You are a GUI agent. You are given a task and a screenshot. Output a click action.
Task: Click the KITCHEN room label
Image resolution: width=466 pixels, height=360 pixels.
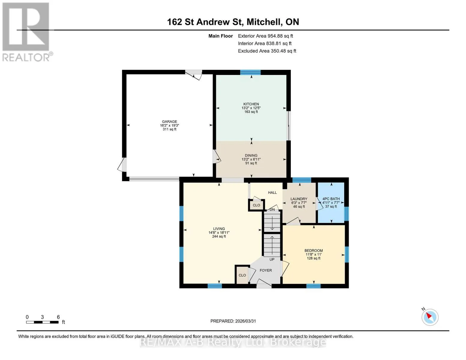pos(251,104)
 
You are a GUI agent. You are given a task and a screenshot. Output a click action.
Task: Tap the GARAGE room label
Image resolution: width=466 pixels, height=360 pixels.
pos(170,121)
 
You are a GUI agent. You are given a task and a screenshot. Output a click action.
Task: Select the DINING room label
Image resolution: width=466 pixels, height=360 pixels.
pos(251,155)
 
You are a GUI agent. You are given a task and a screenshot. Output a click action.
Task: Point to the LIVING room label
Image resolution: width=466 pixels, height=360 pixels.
pos(219,229)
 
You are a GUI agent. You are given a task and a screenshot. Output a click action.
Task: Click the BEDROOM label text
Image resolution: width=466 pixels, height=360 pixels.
pos(314,250)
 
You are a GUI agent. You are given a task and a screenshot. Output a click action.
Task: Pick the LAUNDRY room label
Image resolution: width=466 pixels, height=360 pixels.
pos(299,199)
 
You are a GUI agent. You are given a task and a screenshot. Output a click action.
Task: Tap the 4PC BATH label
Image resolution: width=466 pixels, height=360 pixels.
pos(331,199)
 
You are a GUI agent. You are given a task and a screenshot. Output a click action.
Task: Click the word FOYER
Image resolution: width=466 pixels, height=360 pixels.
pos(266,270)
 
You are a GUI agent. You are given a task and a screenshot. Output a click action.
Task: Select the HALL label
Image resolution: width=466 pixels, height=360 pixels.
pos(272,193)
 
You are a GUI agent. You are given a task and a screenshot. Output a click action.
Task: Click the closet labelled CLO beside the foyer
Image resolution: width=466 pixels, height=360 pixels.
pos(242,275)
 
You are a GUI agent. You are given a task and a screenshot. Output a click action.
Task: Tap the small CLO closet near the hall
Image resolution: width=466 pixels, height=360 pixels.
pos(257,205)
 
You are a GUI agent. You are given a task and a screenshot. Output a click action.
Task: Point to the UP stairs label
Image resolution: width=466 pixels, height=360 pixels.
pos(272,259)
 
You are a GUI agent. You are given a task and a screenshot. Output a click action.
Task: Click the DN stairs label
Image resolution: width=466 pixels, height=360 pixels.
pos(272,209)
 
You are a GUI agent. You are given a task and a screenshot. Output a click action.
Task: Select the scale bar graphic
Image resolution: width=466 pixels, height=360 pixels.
pos(42,322)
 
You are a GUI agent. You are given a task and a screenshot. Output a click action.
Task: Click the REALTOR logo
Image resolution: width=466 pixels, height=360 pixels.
pos(27,32)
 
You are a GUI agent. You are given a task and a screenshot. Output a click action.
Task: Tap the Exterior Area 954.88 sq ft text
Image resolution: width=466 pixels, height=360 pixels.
pos(266,36)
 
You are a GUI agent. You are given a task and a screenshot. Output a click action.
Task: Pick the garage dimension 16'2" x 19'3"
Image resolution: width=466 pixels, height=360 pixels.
pos(170,125)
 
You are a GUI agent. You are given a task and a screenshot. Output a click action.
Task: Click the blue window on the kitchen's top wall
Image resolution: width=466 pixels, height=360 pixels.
pos(250,72)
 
